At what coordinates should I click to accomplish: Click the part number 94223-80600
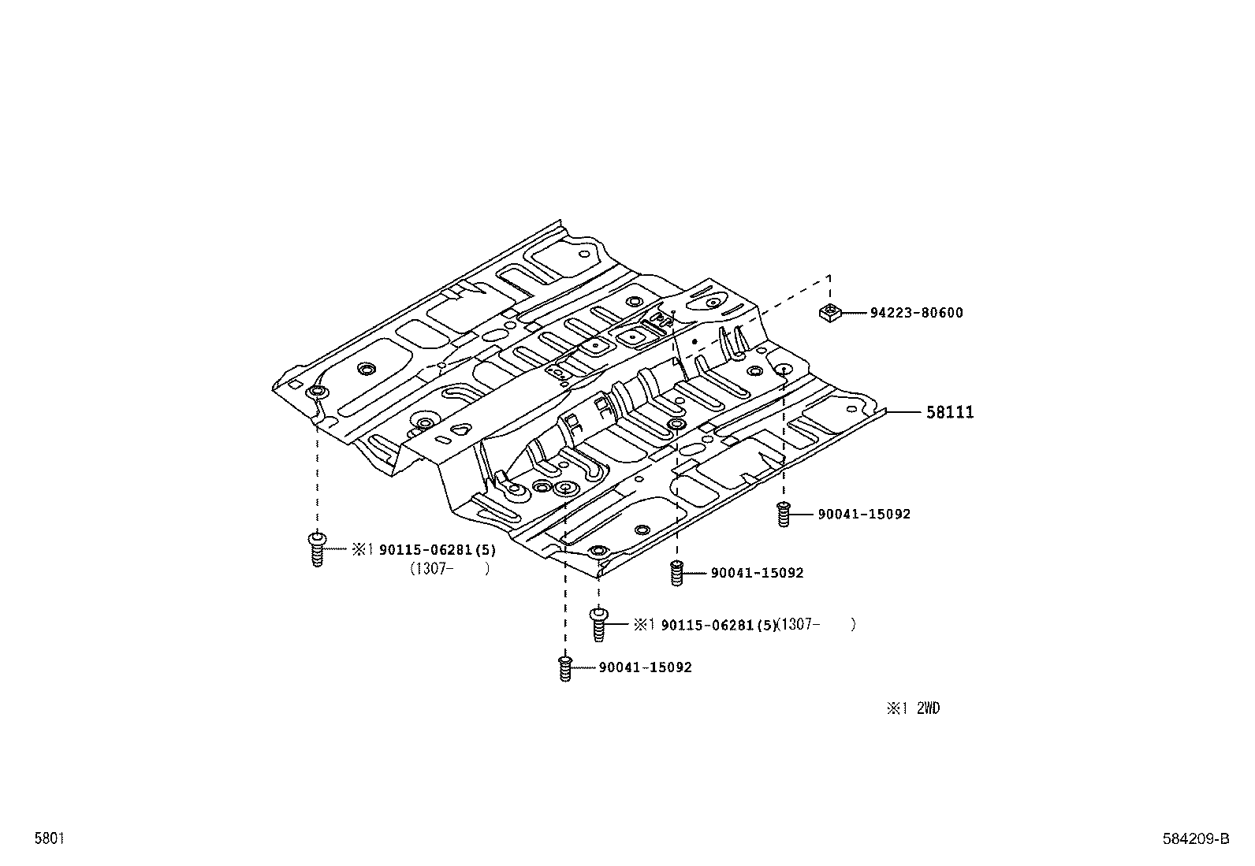coord(916,313)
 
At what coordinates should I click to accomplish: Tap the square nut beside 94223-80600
coord(828,313)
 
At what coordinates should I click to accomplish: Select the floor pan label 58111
coord(949,412)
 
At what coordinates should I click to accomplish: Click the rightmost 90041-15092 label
coord(863,515)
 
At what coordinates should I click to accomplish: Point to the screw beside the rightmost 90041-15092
coord(783,514)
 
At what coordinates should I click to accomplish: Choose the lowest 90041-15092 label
coord(645,667)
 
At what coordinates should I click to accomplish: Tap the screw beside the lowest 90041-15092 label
coord(564,668)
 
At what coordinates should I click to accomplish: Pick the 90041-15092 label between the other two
coord(757,573)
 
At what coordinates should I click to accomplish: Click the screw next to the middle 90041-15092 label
coord(676,573)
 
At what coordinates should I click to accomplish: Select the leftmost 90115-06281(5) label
coord(438,550)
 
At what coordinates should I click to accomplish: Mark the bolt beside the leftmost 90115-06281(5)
coord(317,549)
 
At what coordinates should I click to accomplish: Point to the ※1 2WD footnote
coord(913,708)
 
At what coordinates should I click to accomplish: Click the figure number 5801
coord(48,838)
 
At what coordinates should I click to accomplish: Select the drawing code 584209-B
coord(1195,839)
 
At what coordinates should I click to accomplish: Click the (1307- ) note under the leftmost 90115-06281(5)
coord(449,569)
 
